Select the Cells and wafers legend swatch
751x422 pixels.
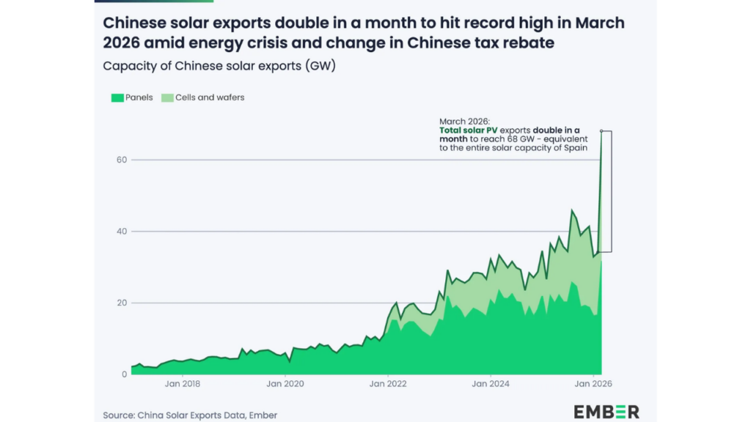point(167,97)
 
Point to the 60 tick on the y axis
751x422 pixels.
point(122,160)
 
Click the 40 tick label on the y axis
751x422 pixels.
point(122,232)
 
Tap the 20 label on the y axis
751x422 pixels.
point(122,303)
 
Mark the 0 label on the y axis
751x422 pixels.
point(125,374)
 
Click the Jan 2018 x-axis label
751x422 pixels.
point(183,383)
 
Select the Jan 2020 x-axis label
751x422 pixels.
point(285,383)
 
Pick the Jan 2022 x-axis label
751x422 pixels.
point(387,383)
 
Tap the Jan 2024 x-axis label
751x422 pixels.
point(490,383)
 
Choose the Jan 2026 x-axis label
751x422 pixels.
point(593,383)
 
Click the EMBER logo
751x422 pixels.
point(607,412)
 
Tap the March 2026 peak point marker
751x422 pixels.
point(601,131)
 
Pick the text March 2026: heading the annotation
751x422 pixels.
point(464,121)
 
